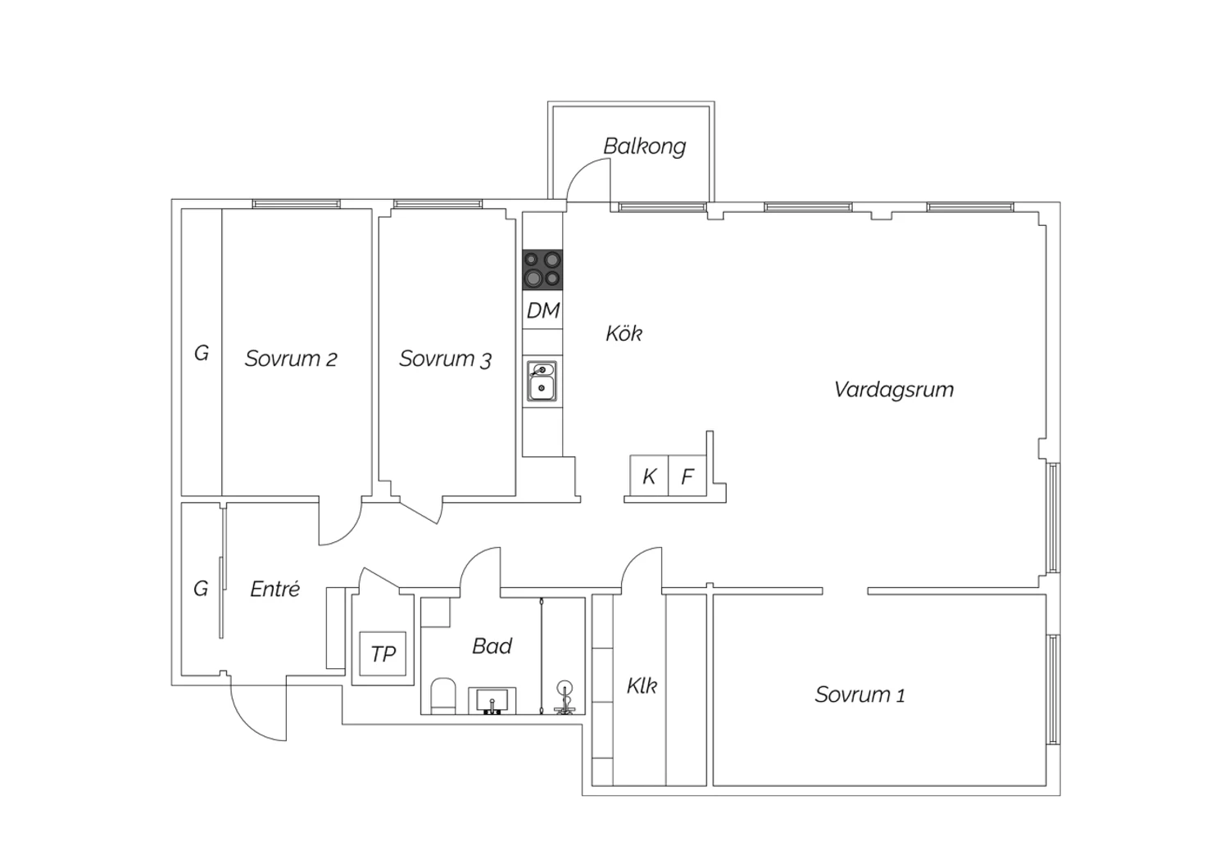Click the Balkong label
(645, 147)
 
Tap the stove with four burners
(542, 269)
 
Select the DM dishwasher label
(543, 311)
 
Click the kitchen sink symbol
(542, 381)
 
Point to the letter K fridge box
(649, 476)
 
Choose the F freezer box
(687, 476)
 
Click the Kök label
(624, 333)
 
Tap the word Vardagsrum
(894, 390)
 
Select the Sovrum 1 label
(859, 694)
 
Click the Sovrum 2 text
(291, 359)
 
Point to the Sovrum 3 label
(445, 359)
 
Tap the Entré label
(274, 589)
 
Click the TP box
(383, 653)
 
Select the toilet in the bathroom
(443, 696)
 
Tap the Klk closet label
(642, 685)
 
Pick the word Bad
(492, 646)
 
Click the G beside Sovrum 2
(202, 353)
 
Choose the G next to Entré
(201, 589)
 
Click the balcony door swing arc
(578, 170)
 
